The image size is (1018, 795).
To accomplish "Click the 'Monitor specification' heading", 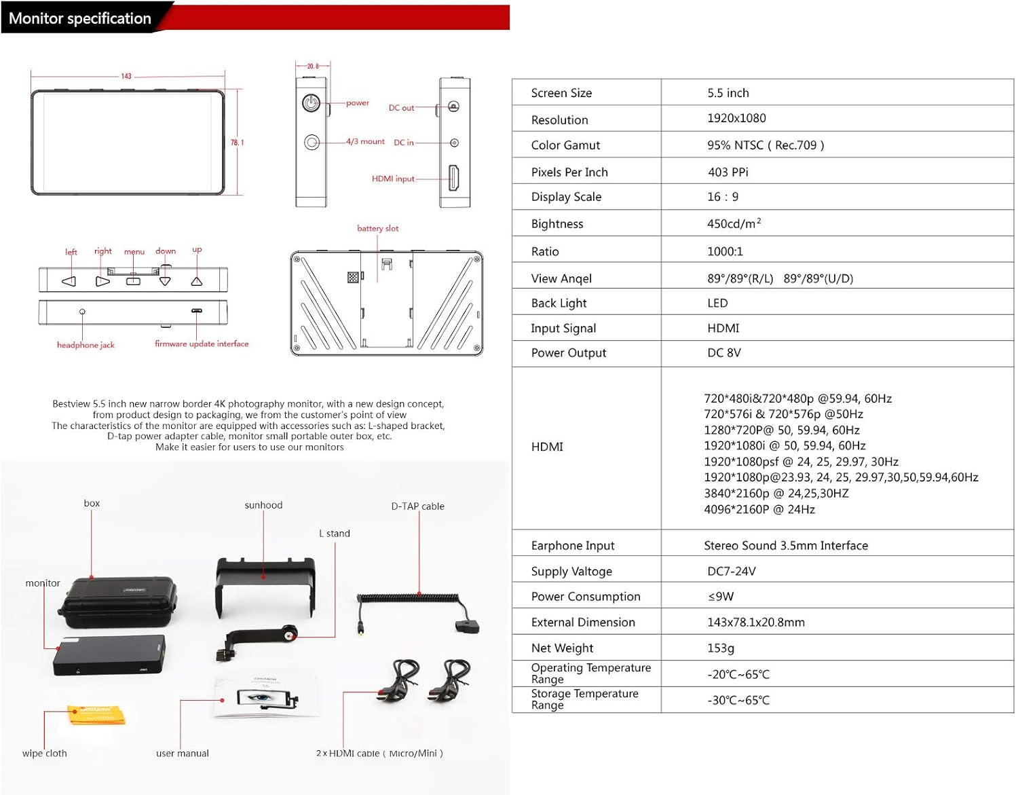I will pos(80,18).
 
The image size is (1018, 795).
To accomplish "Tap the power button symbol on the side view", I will pos(311,103).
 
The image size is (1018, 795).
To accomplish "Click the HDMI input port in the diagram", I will pos(454,178).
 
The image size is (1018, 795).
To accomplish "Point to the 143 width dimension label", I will pos(126,76).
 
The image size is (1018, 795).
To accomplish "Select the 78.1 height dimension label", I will pos(237,143).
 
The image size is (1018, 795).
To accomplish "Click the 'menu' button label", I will pos(134,252).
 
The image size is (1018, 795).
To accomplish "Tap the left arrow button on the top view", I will pos(69,281).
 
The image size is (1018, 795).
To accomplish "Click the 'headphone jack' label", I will pos(86,345).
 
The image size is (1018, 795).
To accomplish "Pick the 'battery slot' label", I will pos(378,228).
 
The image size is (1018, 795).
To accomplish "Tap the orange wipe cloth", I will pos(96,715).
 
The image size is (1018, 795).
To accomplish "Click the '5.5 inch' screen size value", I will pos(728,93).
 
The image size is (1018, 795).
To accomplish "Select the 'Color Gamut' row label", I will pos(565,145).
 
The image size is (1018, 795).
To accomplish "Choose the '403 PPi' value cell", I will pos(728,172).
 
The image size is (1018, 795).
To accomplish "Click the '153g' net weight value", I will pos(720,648).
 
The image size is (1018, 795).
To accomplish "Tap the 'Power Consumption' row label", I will pos(586,597).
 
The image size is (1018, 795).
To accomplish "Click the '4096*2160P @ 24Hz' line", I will pos(759,509).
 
